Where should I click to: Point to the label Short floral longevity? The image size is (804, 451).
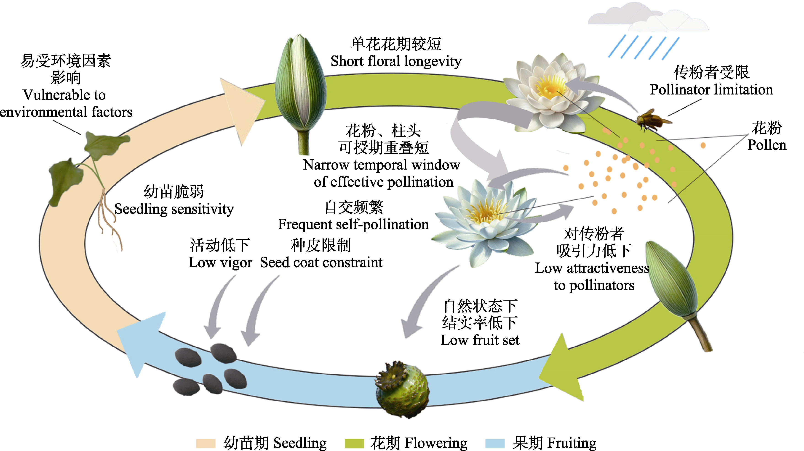pos(396,61)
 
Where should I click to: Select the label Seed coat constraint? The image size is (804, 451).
pos(321,262)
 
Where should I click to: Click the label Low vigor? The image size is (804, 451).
pos(220,262)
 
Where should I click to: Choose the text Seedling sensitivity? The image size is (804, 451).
pos(174,209)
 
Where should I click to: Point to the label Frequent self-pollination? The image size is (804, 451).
pos(353,224)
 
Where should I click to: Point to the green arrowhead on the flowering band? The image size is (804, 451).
pos(562,368)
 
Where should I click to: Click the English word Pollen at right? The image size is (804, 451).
pos(767,145)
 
